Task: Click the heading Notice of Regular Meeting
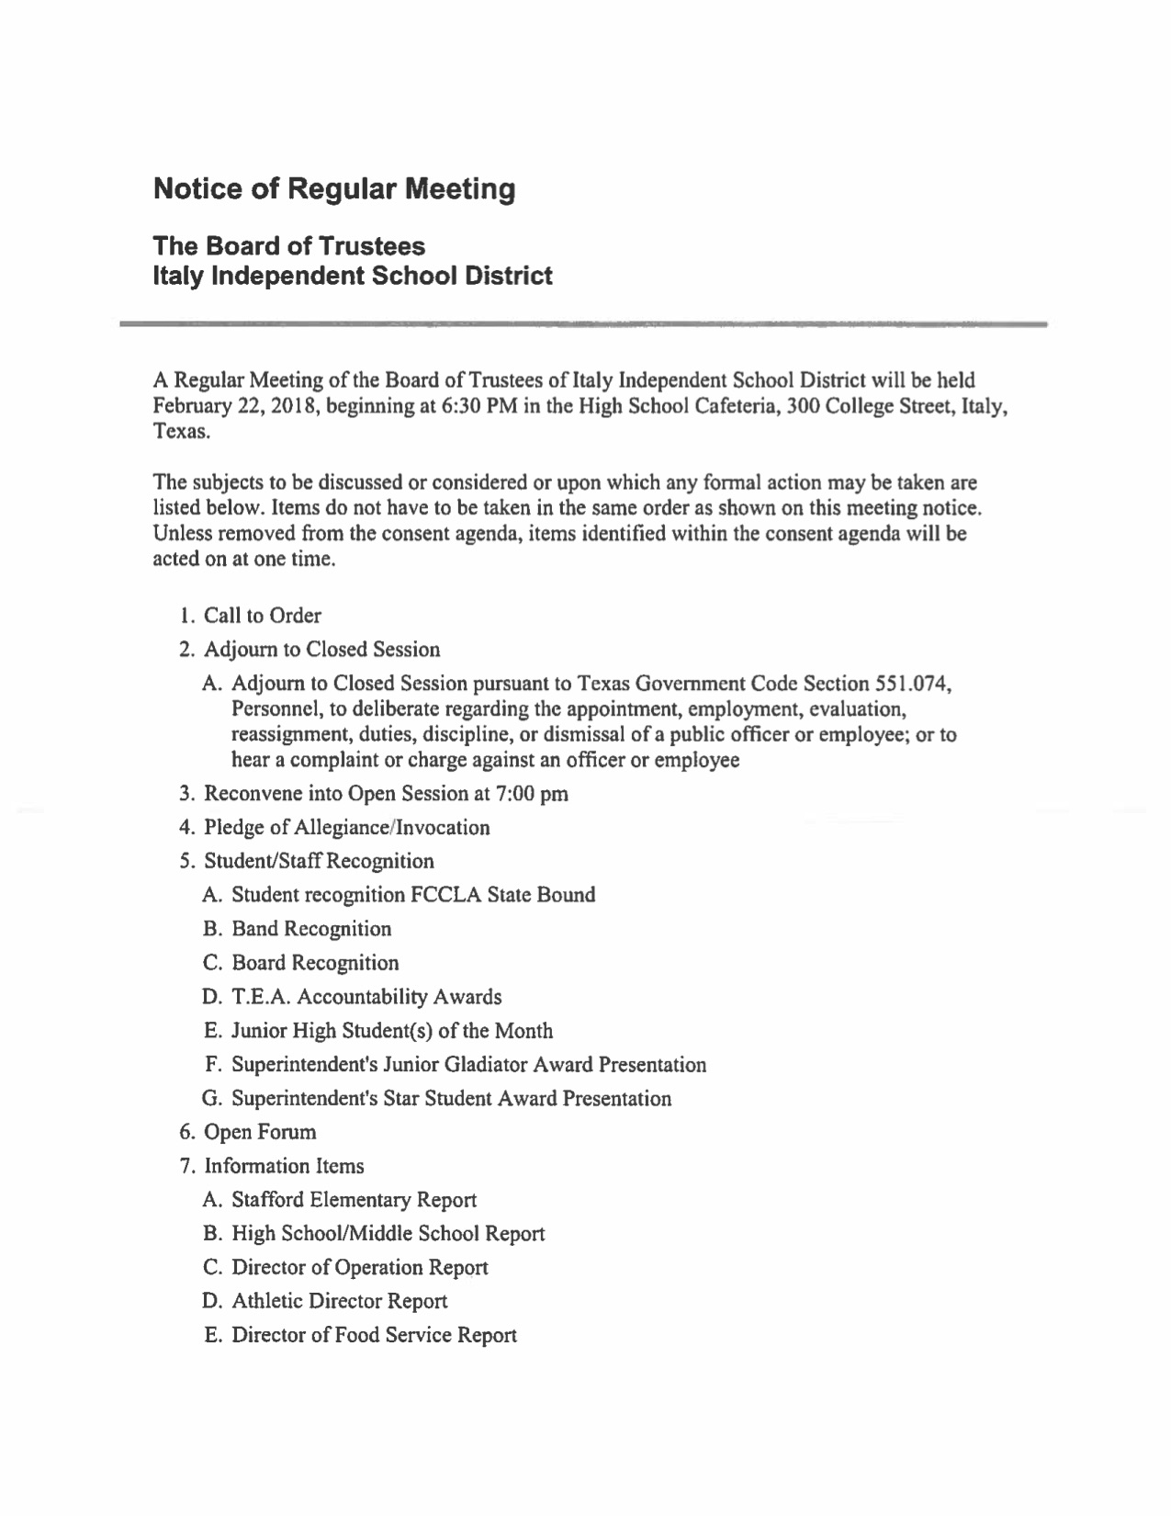(x=334, y=190)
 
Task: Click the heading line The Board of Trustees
(x=288, y=246)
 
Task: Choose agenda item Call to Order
(x=262, y=616)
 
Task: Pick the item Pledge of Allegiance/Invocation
(x=346, y=828)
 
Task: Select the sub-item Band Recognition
(x=311, y=929)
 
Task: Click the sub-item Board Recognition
(x=315, y=963)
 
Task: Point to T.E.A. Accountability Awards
(x=366, y=997)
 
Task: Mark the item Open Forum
(x=260, y=1132)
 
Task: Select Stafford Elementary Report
(x=354, y=1200)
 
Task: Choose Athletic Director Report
(x=339, y=1301)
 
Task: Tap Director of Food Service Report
(x=374, y=1335)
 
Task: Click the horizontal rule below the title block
(x=583, y=323)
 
